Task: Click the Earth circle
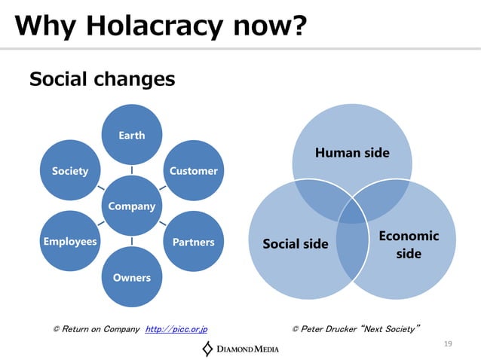(132, 135)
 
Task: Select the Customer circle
(193, 171)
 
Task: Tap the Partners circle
(193, 242)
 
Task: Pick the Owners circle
(132, 277)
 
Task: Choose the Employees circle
(70, 242)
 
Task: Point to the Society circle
(70, 171)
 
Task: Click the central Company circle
(132, 206)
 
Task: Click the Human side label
(352, 153)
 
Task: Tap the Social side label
(295, 243)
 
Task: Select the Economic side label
(409, 244)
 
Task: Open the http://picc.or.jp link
(176, 329)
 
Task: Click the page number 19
(448, 344)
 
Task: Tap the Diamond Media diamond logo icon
(207, 348)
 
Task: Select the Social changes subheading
(102, 78)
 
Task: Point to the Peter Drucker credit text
(355, 329)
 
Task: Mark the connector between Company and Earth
(132, 169)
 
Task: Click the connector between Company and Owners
(132, 241)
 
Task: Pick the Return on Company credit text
(97, 329)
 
